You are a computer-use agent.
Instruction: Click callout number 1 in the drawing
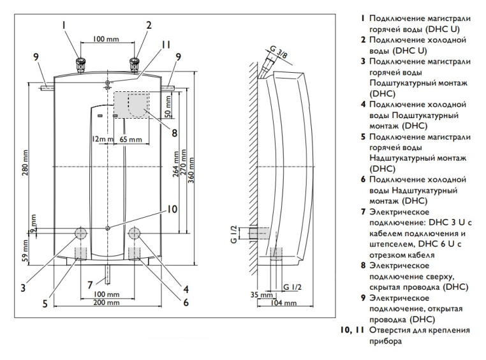64,26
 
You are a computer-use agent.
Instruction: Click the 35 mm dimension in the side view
258,296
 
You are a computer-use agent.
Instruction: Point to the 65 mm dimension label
131,139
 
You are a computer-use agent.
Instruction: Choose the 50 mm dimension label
168,105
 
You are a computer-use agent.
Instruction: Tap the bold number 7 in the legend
363,211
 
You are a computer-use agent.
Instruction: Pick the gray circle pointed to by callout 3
81,233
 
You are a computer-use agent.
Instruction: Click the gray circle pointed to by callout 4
136,233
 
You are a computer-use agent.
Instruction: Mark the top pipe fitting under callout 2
135,64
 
